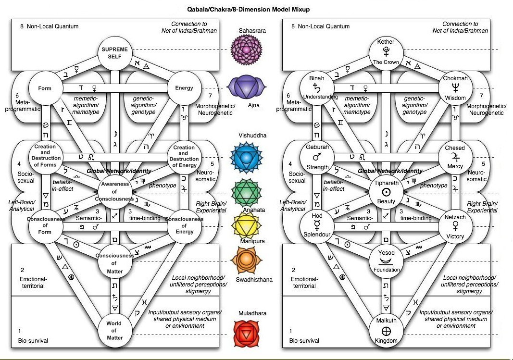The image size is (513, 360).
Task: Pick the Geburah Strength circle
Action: pyautogui.click(x=317, y=157)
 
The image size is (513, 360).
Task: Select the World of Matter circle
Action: pyautogui.click(x=113, y=330)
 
